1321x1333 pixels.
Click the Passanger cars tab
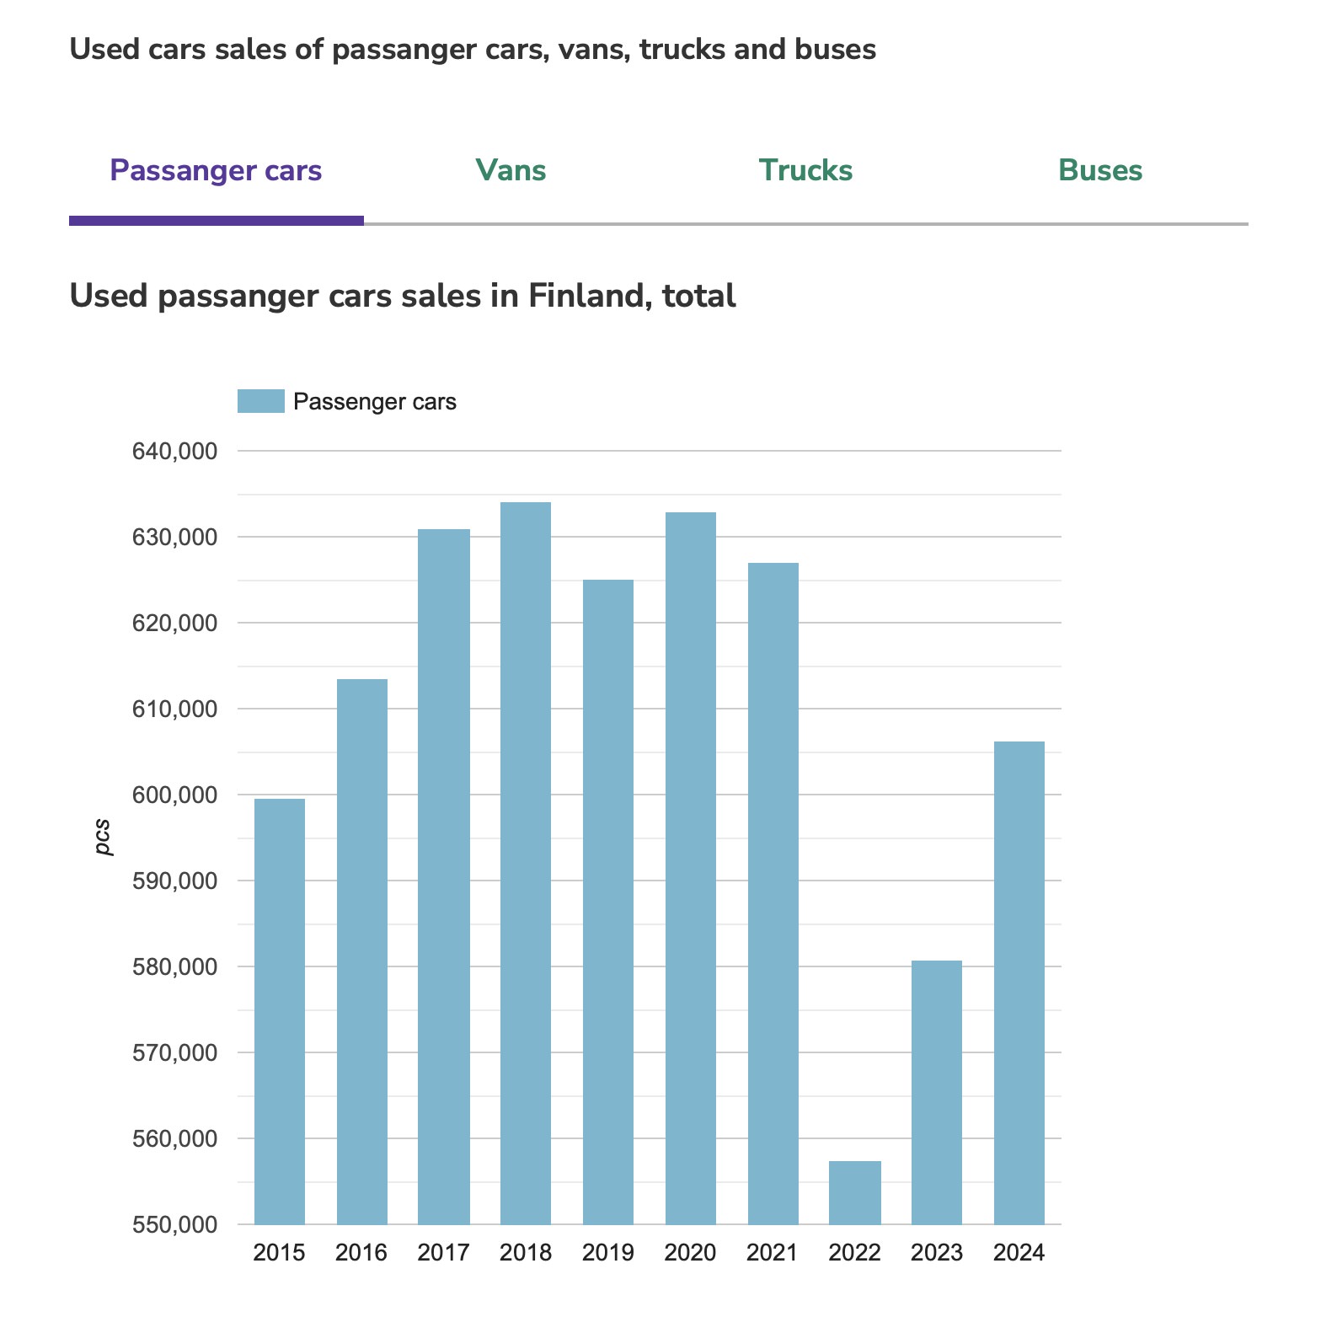pyautogui.click(x=216, y=171)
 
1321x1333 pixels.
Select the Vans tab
pyautogui.click(x=511, y=171)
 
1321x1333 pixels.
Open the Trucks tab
pyautogui.click(x=805, y=171)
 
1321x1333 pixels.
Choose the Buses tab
pyautogui.click(x=1100, y=171)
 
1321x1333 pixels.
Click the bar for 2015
pyautogui.click(x=279, y=1011)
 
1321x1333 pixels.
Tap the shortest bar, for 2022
pyautogui.click(x=854, y=1192)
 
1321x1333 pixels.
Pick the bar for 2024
pyautogui.click(x=1019, y=982)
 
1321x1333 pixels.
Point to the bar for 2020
pyautogui.click(x=690, y=868)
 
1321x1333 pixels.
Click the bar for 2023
pyautogui.click(x=936, y=1092)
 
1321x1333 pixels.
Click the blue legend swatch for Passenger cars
pyautogui.click(x=261, y=401)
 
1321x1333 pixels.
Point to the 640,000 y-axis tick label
pyautogui.click(x=174, y=452)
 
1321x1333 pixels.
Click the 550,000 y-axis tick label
pyautogui.click(x=174, y=1224)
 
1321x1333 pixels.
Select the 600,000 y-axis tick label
pyautogui.click(x=174, y=795)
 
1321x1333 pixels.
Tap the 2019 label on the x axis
pyautogui.click(x=607, y=1253)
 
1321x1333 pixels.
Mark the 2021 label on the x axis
pyautogui.click(x=772, y=1253)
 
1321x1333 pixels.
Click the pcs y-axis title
pyautogui.click(x=103, y=837)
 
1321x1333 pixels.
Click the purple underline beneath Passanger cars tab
pyautogui.click(x=216, y=221)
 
